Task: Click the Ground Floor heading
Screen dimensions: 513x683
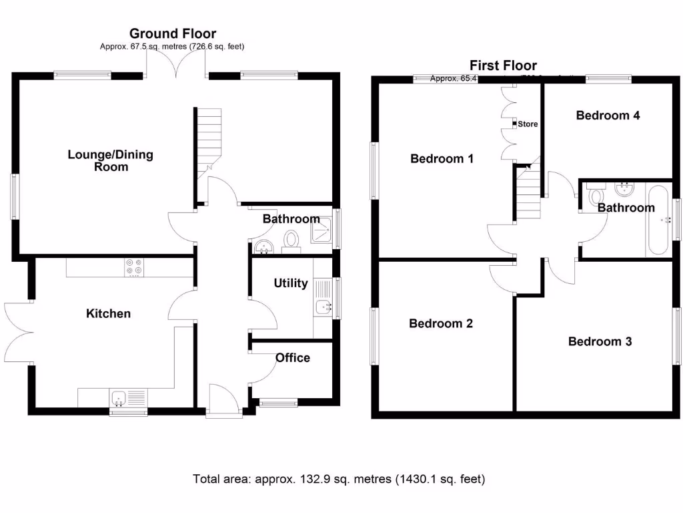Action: coord(173,33)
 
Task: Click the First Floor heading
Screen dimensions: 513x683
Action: coord(503,65)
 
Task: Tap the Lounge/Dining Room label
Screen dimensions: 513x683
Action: coord(111,161)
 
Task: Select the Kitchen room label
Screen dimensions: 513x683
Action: coord(108,313)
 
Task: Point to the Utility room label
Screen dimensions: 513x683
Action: coord(291,283)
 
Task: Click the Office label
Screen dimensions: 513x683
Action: coord(293,358)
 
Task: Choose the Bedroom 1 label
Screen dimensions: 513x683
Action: coord(442,159)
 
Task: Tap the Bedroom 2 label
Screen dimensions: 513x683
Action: coord(441,324)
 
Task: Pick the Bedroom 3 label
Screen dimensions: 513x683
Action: coord(600,342)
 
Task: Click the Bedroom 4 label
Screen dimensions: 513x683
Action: coord(608,116)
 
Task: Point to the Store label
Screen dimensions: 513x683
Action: coord(528,124)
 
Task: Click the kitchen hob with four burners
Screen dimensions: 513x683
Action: coord(133,267)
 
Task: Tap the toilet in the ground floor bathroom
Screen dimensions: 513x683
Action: coord(291,240)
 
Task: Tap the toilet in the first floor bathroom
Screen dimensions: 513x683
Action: coord(596,196)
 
